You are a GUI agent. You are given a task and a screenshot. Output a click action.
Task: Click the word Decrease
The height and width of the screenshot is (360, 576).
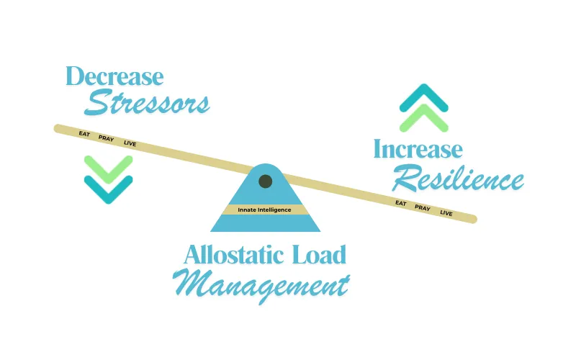[114, 76]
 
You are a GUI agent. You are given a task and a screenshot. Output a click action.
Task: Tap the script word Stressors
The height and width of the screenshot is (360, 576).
[147, 102]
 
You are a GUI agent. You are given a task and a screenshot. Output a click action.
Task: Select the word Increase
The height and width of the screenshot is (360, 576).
[418, 149]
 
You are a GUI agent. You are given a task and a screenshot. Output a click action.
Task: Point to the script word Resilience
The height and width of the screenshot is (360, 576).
[458, 178]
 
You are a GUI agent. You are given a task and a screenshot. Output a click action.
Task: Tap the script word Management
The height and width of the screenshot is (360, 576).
[261, 286]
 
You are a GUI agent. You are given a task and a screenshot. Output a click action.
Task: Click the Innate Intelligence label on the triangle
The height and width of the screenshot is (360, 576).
[264, 210]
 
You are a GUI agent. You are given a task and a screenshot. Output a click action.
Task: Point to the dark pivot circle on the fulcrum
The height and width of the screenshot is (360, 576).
[265, 181]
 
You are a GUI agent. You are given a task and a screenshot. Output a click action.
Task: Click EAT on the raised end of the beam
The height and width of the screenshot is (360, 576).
[84, 134]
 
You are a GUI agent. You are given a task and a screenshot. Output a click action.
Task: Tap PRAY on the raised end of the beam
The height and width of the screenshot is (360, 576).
[106, 138]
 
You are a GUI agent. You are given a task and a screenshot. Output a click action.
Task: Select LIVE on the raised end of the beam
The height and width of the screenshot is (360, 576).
[130, 143]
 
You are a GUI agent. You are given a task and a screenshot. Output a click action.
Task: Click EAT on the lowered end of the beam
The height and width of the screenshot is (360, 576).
[401, 203]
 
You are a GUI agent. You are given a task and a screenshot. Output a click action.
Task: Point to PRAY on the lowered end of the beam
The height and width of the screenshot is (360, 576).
[423, 208]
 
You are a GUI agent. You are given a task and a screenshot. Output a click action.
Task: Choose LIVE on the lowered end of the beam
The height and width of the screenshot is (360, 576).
[446, 212]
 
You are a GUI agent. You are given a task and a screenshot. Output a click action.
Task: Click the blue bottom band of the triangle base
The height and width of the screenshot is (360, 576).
[265, 223]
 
